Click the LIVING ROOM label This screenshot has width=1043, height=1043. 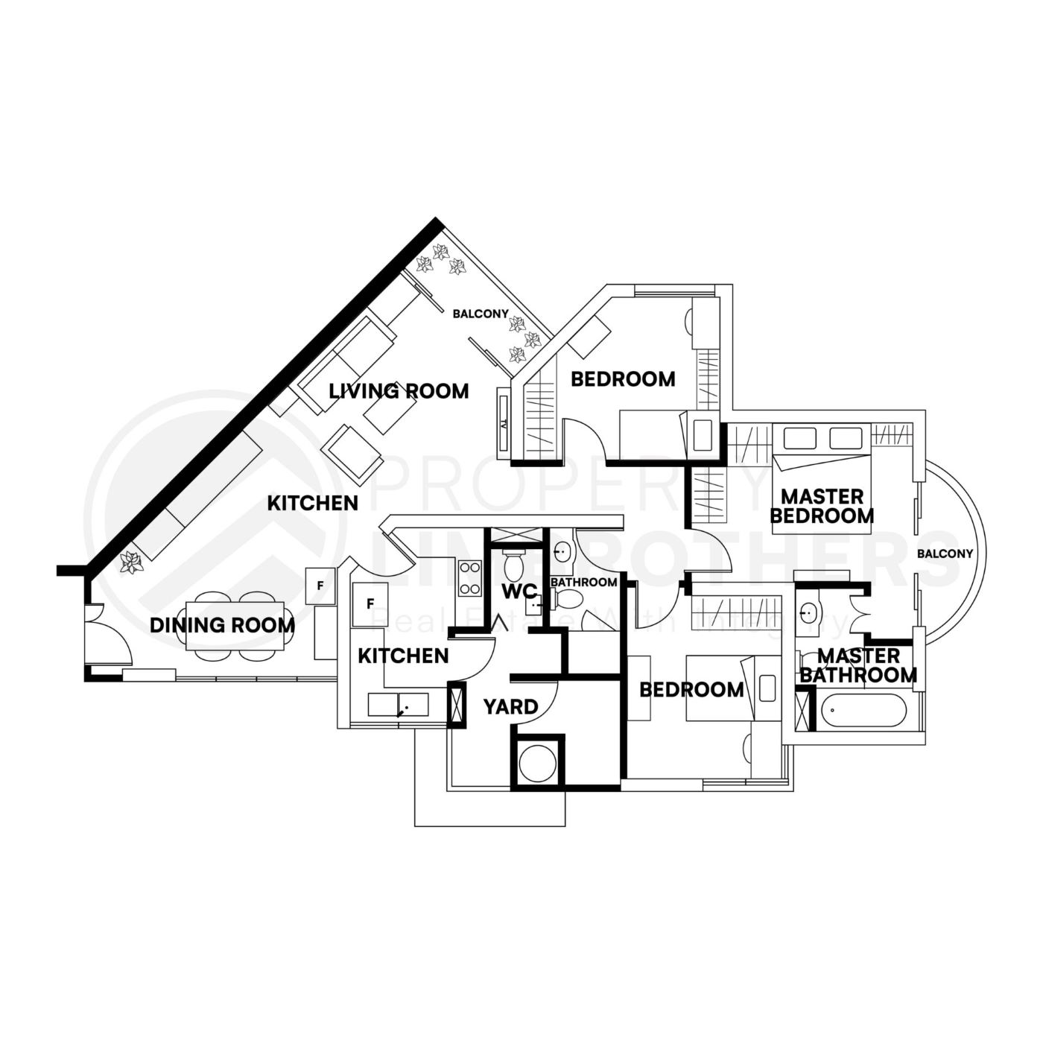coord(399,390)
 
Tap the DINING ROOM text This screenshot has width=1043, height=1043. coord(222,625)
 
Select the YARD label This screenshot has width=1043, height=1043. coord(510,706)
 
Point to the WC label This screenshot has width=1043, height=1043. coord(519,592)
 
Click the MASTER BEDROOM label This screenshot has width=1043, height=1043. coord(822,506)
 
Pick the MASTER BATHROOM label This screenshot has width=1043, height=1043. coord(857,666)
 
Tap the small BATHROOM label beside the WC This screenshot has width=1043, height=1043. coord(583,582)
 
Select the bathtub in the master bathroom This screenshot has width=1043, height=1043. coord(863,711)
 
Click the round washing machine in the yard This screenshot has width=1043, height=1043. coord(537,763)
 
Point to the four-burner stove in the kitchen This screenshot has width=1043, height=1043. coord(470,578)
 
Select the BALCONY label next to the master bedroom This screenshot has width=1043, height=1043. coord(945,554)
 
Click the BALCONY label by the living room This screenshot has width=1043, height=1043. coord(480,314)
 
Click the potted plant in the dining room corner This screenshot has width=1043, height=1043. coord(132,562)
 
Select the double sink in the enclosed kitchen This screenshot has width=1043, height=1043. coord(398,705)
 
